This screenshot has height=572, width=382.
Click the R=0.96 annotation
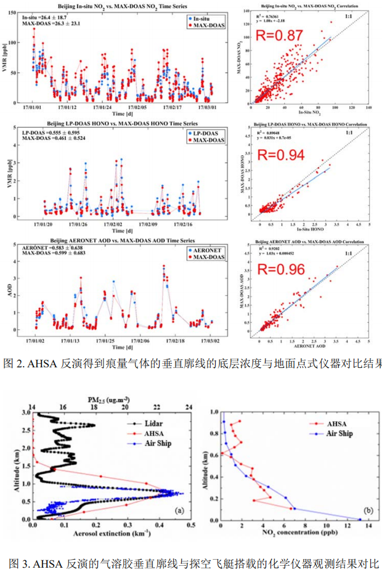pyautogui.click(x=279, y=269)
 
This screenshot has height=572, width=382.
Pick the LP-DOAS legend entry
pyautogui.click(x=206, y=134)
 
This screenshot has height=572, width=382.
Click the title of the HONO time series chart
pyautogui.click(x=117, y=125)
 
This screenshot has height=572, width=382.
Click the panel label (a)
pyautogui.click(x=179, y=510)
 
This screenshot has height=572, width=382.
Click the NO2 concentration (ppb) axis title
pyautogui.click(x=291, y=532)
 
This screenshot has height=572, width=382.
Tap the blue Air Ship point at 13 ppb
pyautogui.click(x=359, y=519)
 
